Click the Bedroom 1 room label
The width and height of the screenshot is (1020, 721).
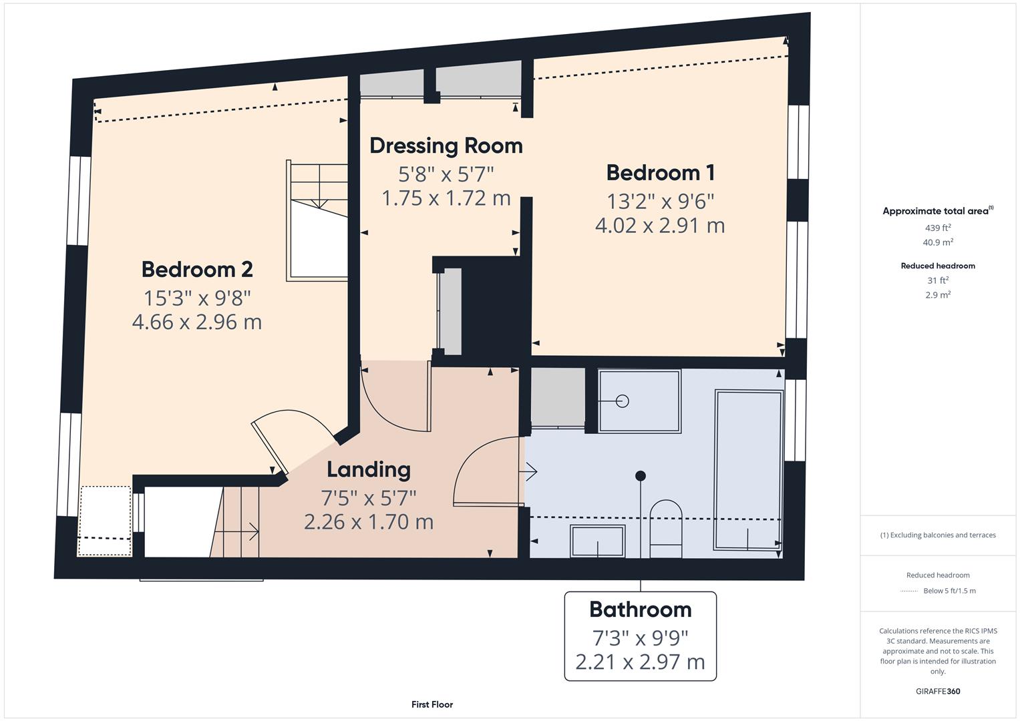[660, 173]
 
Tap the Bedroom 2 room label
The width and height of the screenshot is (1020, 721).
[197, 270]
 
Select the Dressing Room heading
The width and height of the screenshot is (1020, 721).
[446, 146]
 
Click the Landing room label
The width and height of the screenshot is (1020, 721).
[368, 469]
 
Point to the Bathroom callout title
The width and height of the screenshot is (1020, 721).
[640, 610]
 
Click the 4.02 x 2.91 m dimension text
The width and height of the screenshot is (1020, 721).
[660, 226]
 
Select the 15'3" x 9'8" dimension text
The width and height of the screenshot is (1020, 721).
[197, 298]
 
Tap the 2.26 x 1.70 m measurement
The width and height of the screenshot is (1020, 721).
[368, 521]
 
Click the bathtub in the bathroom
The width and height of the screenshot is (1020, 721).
[748, 471]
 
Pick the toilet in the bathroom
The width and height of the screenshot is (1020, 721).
[666, 529]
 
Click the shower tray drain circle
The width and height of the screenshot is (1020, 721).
[623, 401]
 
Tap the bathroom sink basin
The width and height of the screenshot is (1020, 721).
[597, 541]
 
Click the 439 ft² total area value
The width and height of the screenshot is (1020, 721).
[938, 228]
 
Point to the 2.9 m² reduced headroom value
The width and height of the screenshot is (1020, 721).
[938, 295]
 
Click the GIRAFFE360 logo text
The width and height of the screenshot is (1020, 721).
[938, 691]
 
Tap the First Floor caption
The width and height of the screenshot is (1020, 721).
[432, 704]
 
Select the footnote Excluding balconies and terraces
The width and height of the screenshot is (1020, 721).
[938, 535]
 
